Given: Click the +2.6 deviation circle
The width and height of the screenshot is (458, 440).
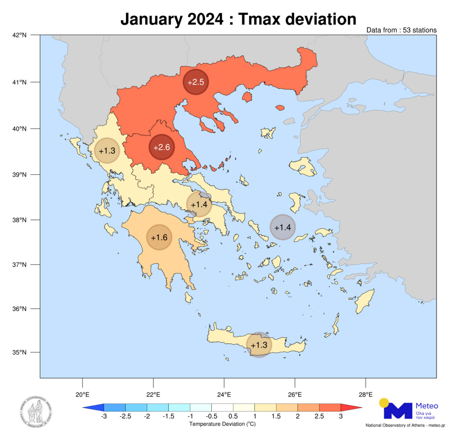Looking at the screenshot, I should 162,147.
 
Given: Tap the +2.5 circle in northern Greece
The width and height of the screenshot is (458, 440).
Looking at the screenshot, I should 196,82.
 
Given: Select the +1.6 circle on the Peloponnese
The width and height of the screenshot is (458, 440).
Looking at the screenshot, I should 159,237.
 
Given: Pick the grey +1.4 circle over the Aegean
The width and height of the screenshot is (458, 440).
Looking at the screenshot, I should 283,227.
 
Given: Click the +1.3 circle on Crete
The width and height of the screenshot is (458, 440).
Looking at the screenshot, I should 259,345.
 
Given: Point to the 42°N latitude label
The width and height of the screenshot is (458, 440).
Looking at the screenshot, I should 19,35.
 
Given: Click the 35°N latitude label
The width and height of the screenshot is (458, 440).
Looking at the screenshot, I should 19,352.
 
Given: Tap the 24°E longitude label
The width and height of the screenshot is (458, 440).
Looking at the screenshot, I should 224,395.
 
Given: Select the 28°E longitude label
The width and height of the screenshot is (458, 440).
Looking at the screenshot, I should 366,395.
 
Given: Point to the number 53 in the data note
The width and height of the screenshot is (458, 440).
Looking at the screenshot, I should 407,30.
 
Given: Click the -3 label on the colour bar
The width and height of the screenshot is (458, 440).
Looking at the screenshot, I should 104,416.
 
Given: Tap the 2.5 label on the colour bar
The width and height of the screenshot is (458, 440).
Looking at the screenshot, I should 319,416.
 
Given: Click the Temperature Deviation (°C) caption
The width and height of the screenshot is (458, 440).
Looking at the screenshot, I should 223,424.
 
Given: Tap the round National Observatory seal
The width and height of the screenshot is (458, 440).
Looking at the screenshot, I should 36,412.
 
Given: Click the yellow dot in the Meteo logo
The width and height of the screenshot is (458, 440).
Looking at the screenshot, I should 384,402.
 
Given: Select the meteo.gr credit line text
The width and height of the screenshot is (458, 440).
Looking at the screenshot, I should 405,425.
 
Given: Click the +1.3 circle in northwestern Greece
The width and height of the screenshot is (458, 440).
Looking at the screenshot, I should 107,151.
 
